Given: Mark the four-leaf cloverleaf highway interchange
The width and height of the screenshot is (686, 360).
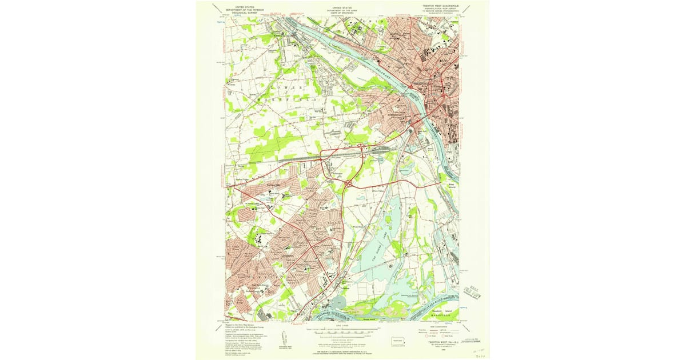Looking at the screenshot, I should point(348,183).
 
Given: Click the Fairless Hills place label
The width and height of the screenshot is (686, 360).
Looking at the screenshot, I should point(270,186).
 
